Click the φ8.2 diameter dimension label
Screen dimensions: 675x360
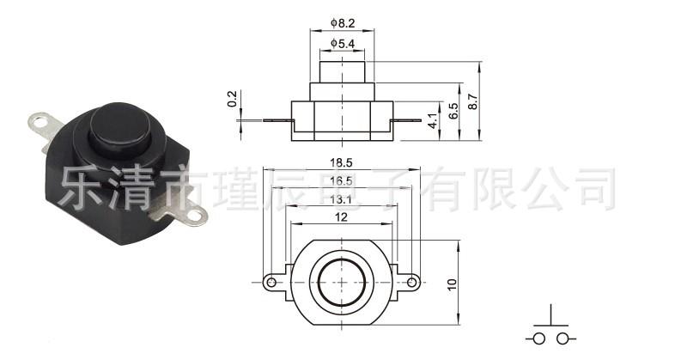tap(343, 23)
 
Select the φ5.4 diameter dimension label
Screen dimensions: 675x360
tap(343, 44)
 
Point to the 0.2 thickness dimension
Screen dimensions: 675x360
tap(232, 99)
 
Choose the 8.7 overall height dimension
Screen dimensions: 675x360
tap(472, 101)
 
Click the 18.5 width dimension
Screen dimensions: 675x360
tap(342, 162)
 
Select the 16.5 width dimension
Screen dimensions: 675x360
tap(342, 181)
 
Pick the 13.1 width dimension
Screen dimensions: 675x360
tap(342, 199)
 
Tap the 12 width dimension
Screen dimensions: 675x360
tap(341, 217)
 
